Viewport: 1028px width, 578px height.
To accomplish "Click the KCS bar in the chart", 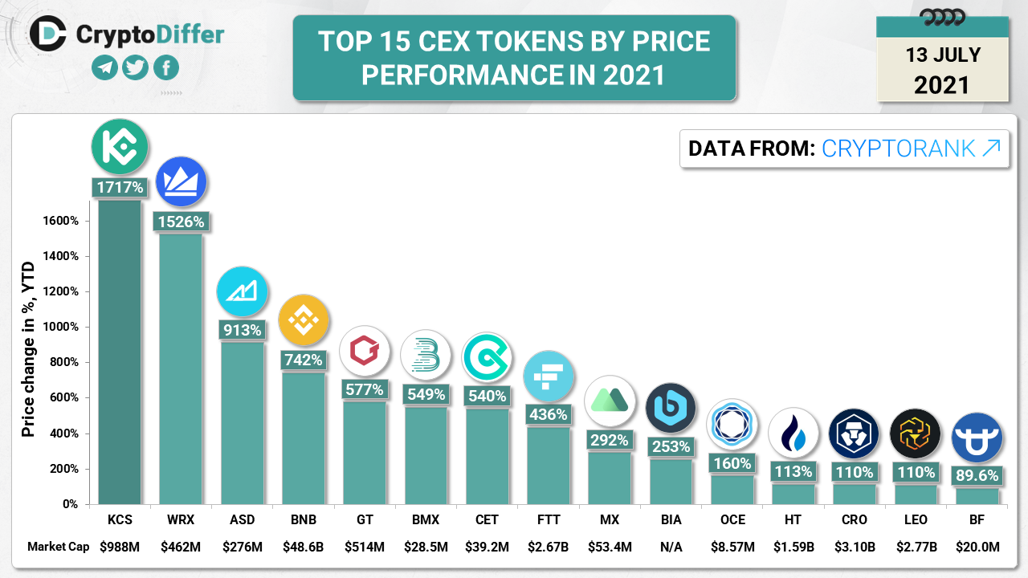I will click(120, 353).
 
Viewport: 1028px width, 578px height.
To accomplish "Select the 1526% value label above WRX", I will click(181, 222).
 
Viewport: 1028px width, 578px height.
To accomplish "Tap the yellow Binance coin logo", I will click(304, 320).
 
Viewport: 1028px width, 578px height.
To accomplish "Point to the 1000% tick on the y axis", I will click(61, 328).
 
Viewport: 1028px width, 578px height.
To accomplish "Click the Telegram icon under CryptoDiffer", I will click(104, 68).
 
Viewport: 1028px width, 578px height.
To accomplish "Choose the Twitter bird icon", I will click(135, 68).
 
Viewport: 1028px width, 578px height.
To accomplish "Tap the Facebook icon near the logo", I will click(165, 68).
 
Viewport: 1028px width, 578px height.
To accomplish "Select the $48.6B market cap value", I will click(304, 547).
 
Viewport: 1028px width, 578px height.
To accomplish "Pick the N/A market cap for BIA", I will click(671, 547).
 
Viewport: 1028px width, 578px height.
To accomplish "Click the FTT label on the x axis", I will click(549, 520).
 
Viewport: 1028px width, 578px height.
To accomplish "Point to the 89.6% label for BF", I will click(977, 476).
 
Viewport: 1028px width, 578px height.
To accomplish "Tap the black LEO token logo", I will click(916, 434).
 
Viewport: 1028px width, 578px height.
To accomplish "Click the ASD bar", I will click(243, 421).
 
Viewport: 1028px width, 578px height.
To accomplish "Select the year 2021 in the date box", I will click(942, 84).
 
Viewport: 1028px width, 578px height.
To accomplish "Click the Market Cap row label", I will click(58, 547).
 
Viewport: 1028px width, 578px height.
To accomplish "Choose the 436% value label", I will click(549, 415).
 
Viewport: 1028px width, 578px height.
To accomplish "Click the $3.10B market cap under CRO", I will click(855, 547).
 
